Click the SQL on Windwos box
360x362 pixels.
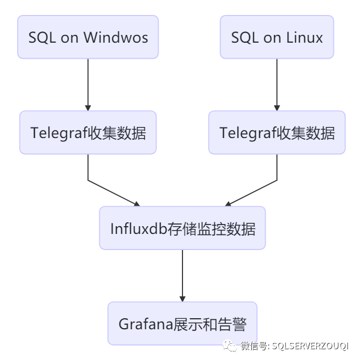[x=88, y=37]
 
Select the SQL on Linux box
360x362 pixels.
[x=277, y=37]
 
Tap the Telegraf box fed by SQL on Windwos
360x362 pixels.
[x=88, y=132]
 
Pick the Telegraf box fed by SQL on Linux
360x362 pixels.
[x=277, y=132]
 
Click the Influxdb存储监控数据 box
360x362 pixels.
[x=182, y=228]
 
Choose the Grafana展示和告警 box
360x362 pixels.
[x=182, y=323]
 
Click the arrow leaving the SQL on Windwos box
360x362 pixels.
[x=88, y=83]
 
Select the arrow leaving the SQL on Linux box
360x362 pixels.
[x=277, y=83]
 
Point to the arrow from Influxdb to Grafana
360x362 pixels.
[x=182, y=274]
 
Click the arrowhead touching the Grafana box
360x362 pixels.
[x=182, y=298]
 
